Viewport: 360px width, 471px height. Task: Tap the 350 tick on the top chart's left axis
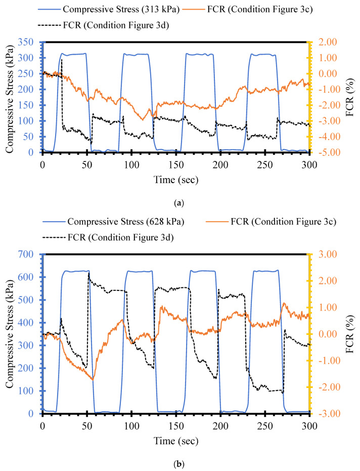[30, 42]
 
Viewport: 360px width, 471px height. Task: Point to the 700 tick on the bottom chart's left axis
[30, 254]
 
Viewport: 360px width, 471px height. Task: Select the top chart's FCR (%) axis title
[353, 97]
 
